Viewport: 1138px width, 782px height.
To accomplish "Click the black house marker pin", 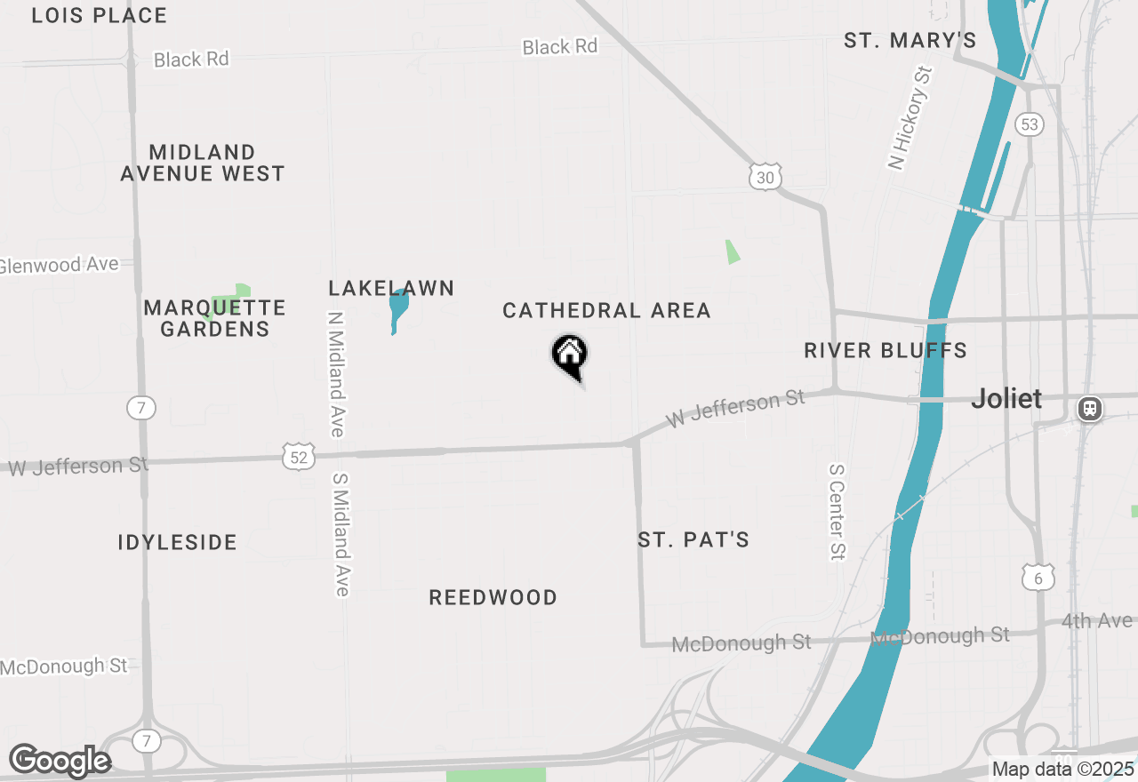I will (570, 355).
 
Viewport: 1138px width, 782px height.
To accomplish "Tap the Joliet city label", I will (1006, 398).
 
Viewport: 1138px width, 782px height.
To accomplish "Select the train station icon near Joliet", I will (1090, 409).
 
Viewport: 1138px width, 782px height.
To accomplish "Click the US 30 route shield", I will (765, 178).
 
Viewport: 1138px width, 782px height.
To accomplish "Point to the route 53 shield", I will (1030, 124).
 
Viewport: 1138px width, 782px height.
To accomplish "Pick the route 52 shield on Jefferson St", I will (300, 457).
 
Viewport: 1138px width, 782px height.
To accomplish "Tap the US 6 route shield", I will (1038, 578).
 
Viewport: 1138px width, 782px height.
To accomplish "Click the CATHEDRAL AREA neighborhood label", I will (606, 310).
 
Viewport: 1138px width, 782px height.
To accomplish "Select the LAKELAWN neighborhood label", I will (391, 288).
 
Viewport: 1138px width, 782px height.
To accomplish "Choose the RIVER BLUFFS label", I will (886, 350).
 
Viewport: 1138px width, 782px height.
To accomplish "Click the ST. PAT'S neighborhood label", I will (693, 539).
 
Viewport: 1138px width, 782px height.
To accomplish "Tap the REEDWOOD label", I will (493, 597).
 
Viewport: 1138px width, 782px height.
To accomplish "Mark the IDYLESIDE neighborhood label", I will (177, 542).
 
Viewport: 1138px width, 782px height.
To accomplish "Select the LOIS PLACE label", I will (99, 15).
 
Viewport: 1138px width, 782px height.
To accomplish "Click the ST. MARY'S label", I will (910, 40).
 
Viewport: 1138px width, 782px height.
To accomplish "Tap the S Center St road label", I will (836, 512).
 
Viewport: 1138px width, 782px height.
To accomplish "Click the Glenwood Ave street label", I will (59, 265).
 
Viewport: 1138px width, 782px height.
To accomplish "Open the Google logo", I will (60, 761).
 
